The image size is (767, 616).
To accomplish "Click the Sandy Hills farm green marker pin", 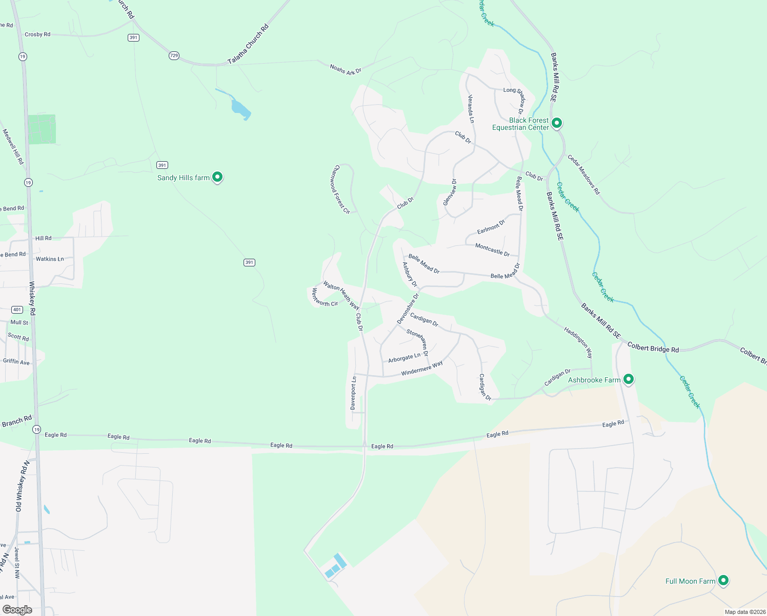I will click(217, 177).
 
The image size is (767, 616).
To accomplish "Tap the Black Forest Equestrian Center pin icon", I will click(557, 123).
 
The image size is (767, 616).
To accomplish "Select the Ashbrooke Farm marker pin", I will click(629, 379).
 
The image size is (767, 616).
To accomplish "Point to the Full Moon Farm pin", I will click(723, 581).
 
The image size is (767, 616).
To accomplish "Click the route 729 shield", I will click(174, 55).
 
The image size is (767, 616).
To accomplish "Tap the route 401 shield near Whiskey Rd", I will click(17, 310).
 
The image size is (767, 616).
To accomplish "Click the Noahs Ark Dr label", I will click(346, 69).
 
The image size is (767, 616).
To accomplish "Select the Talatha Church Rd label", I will click(248, 45).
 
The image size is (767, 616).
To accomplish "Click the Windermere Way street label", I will click(422, 369).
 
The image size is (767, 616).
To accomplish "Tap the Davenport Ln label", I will click(353, 393).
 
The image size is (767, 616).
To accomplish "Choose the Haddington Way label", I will click(578, 342).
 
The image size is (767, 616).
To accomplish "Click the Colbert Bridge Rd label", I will click(653, 348).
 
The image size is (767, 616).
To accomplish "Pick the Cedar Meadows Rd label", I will click(583, 175).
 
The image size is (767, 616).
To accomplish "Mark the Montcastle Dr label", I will click(492, 250).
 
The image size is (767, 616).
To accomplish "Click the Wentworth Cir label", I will click(325, 298).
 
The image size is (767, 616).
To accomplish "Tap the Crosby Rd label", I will click(37, 34).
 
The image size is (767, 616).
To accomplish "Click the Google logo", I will click(17, 610).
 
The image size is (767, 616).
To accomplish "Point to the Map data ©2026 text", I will click(744, 612).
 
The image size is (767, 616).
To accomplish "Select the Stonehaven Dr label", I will click(417, 342).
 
